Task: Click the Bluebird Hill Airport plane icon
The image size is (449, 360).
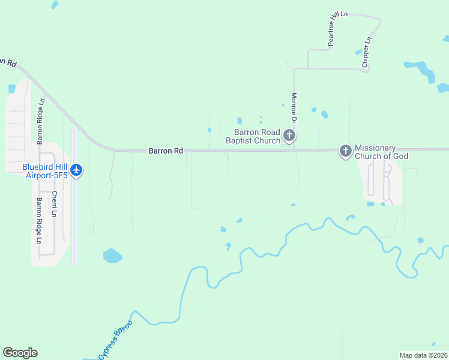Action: [76, 170]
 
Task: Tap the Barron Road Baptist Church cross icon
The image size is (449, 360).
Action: [289, 136]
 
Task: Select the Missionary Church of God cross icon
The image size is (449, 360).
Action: [345, 151]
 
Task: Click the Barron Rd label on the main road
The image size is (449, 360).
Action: [166, 151]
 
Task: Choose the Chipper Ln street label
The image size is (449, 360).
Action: [367, 52]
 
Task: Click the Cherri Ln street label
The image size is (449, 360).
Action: [55, 204]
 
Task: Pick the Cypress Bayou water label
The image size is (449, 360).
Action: [115, 340]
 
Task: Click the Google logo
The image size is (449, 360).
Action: [20, 353]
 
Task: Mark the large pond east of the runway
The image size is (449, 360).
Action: [112, 256]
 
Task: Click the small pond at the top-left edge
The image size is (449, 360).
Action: [55, 5]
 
